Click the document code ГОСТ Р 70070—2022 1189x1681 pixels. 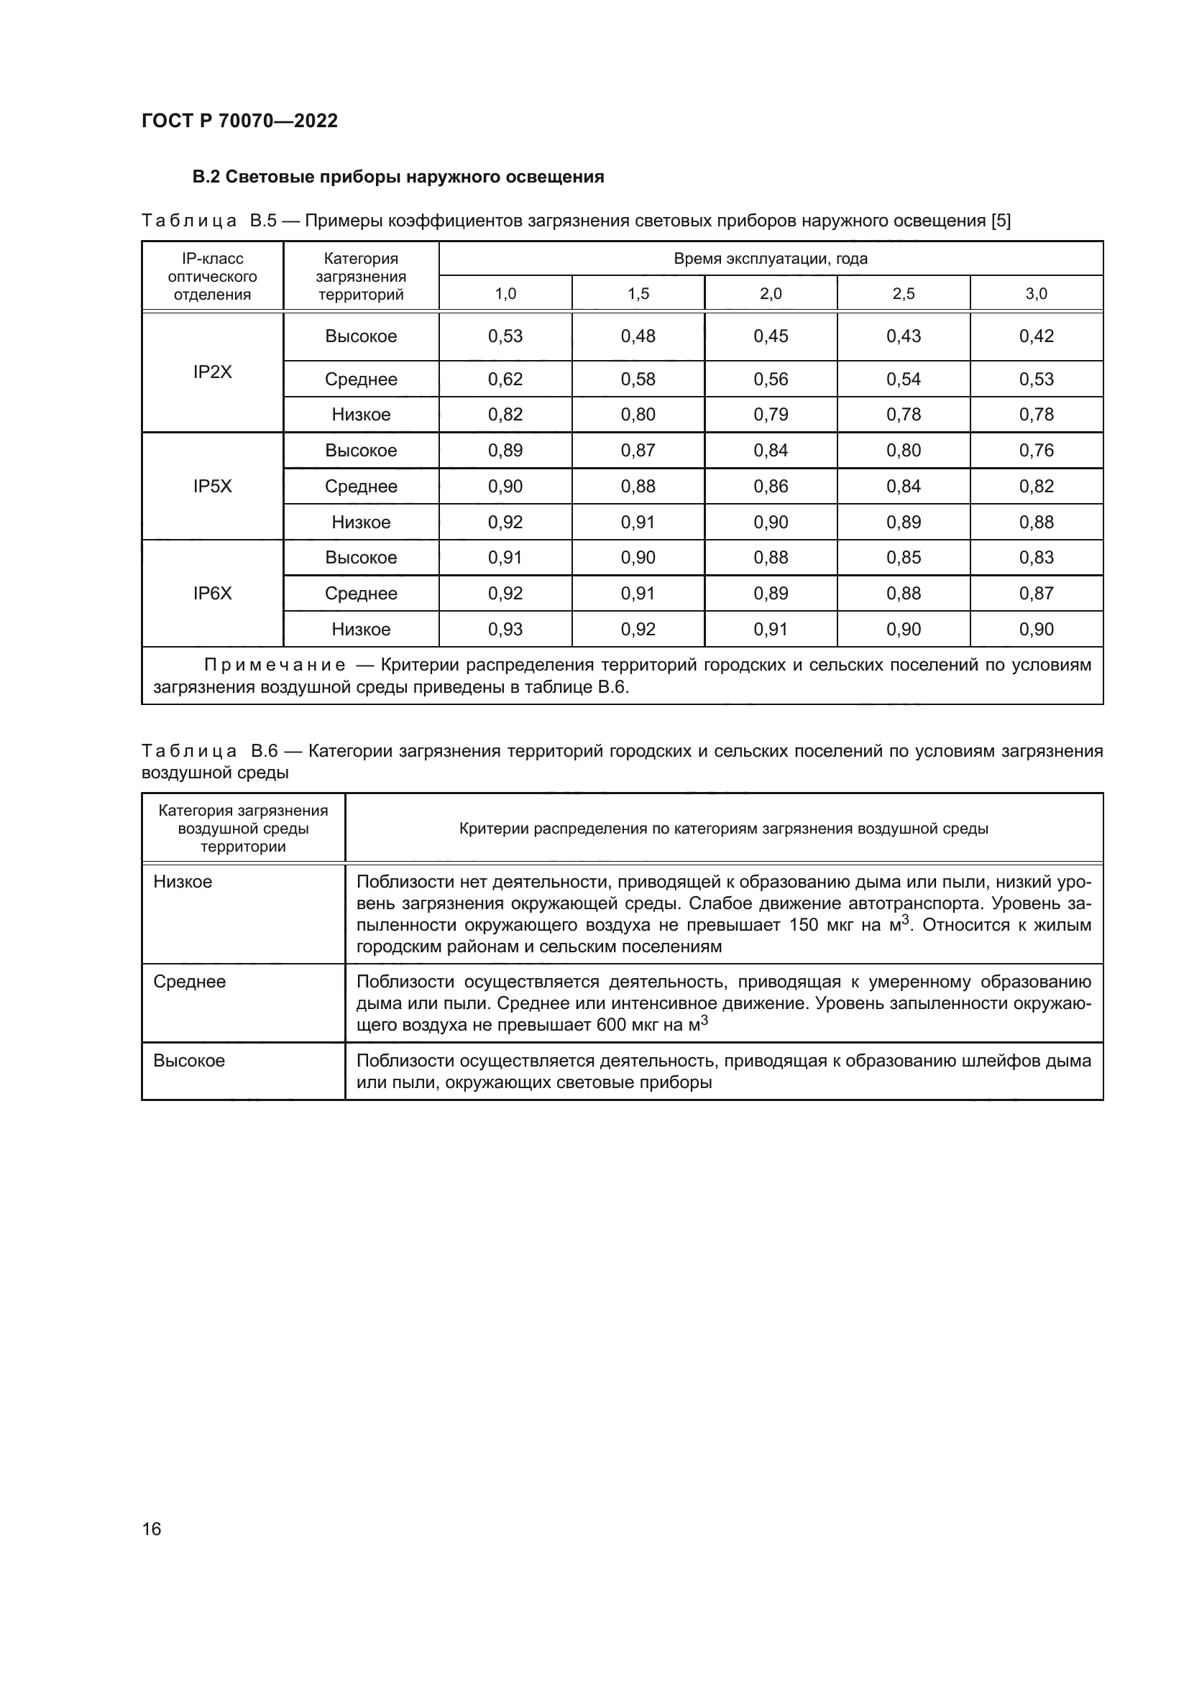pyautogui.click(x=239, y=121)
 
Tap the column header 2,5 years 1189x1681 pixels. pyautogui.click(x=904, y=294)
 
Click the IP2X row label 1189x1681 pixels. pyautogui.click(x=212, y=372)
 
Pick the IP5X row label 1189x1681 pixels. pyautogui.click(x=212, y=486)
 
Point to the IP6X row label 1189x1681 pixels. pyautogui.click(x=212, y=593)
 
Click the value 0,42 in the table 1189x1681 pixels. pyautogui.click(x=1036, y=336)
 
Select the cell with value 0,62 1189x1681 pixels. pyautogui.click(x=505, y=379)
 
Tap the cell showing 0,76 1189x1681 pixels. pyautogui.click(x=1036, y=451)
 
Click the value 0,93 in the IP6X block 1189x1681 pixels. pyautogui.click(x=505, y=629)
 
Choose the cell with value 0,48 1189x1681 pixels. pyautogui.click(x=638, y=336)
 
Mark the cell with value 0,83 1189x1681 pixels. pyautogui.click(x=1036, y=557)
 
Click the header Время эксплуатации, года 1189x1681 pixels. pyautogui.click(x=770, y=259)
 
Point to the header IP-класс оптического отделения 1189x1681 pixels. pyautogui.click(x=212, y=277)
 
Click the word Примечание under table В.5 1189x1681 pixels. pyautogui.click(x=275, y=665)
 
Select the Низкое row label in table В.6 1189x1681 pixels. pyautogui.click(x=183, y=882)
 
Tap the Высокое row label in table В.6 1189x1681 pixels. pyautogui.click(x=189, y=1061)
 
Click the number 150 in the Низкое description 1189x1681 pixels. pyautogui.click(x=803, y=925)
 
